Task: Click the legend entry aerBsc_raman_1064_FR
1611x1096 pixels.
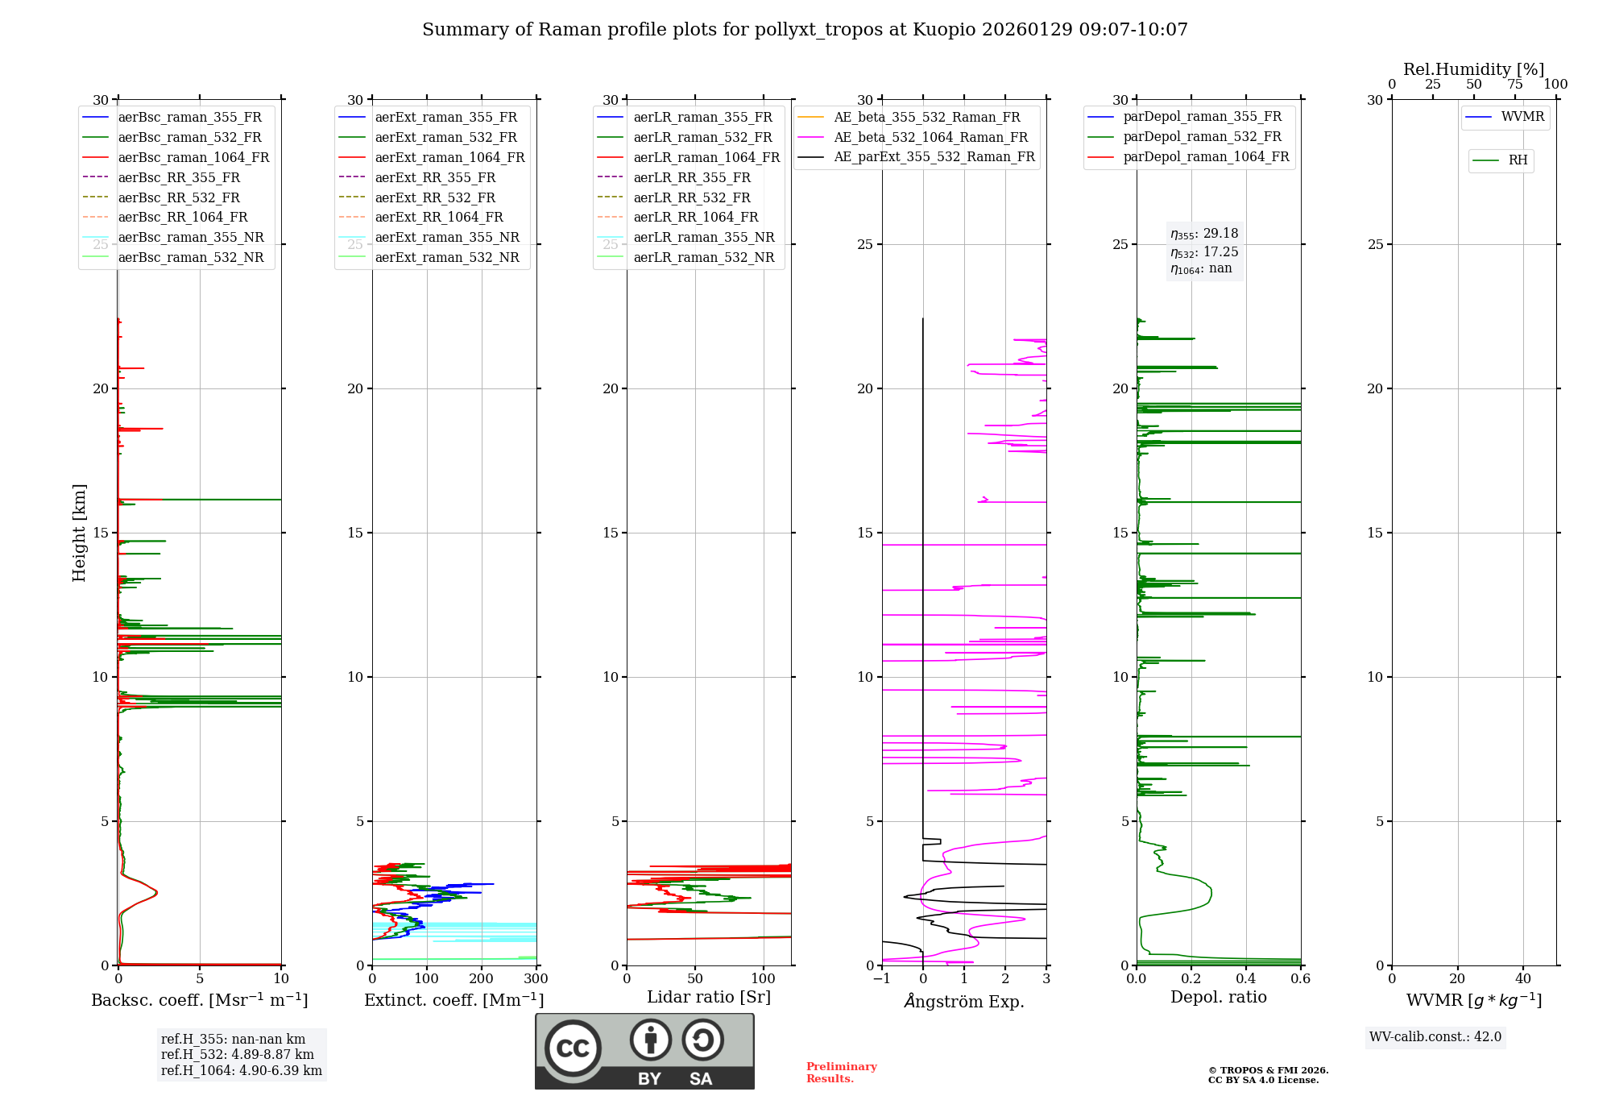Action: (193, 158)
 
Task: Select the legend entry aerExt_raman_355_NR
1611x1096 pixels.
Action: (447, 238)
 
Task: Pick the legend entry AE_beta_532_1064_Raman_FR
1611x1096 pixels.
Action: (930, 138)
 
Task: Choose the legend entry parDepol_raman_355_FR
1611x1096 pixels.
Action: (1202, 117)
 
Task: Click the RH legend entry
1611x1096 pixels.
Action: (1518, 160)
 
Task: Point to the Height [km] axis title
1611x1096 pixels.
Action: (79, 533)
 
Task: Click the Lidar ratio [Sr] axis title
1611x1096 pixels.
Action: (709, 997)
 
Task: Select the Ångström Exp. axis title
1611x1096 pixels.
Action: (964, 1002)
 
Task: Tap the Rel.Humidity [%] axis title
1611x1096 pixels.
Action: (1473, 69)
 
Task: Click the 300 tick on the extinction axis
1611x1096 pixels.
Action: (536, 979)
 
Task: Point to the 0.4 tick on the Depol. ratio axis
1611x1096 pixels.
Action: (1246, 979)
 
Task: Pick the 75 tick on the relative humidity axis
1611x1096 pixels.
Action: (1515, 85)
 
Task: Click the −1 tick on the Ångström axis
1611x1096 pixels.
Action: (882, 979)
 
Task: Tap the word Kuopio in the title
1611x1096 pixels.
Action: (941, 30)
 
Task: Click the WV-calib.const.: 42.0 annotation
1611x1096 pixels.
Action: (1435, 1037)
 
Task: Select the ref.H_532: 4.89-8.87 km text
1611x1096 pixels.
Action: (238, 1055)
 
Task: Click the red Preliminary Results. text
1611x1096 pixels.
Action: (841, 1073)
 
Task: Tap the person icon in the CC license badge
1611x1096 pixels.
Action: (650, 1040)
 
